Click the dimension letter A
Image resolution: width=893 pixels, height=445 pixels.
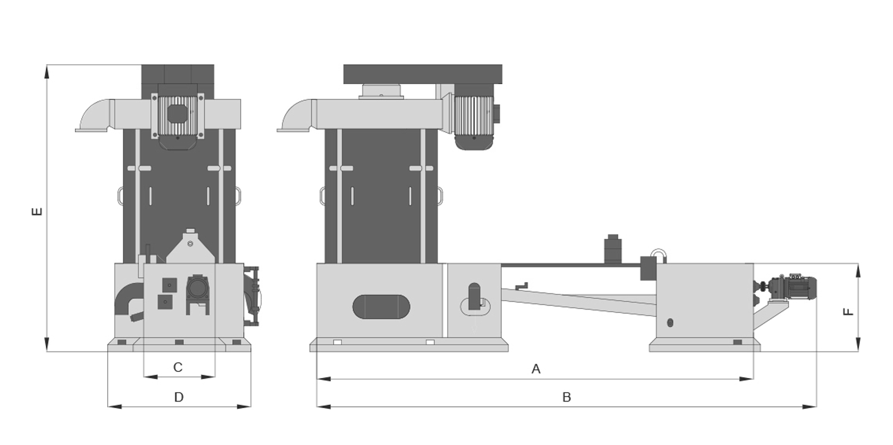pyautogui.click(x=536, y=369)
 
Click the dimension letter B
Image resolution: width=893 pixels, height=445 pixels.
pyautogui.click(x=566, y=397)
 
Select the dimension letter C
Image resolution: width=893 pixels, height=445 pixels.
pyautogui.click(x=178, y=367)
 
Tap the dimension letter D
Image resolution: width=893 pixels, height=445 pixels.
pyautogui.click(x=179, y=397)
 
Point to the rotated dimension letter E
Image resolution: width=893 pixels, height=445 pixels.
pyautogui.click(x=37, y=211)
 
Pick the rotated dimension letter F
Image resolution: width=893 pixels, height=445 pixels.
pyautogui.click(x=848, y=312)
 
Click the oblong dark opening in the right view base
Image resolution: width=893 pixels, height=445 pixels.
pyautogui.click(x=381, y=307)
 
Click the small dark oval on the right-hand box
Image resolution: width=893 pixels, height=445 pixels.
pyautogui.click(x=670, y=323)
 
